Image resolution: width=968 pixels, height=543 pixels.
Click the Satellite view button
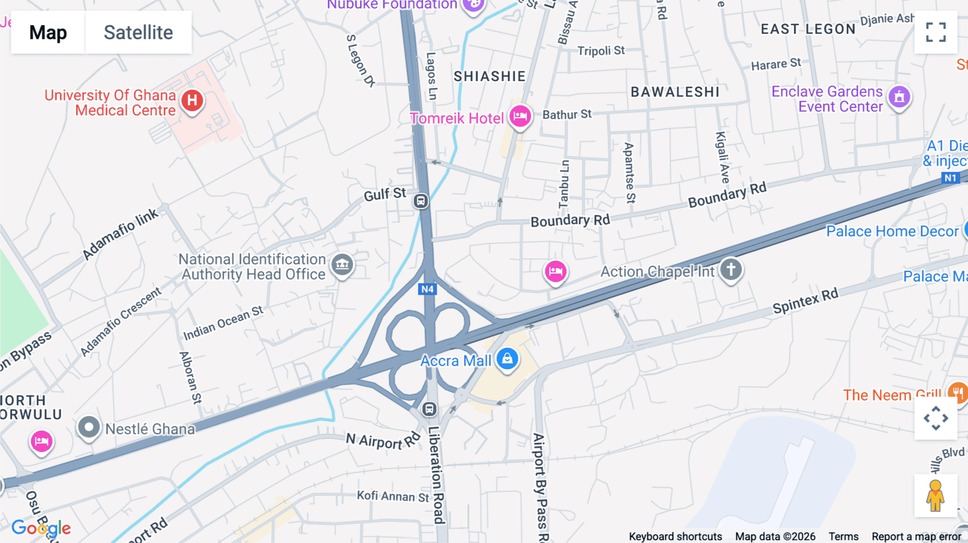138,32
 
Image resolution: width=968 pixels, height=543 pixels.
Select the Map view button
48,32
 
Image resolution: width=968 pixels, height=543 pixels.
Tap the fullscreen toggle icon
936,32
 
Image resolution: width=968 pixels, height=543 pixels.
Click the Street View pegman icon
935,496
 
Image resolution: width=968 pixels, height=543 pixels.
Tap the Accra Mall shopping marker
507,359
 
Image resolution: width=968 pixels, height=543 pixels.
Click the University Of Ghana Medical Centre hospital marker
192,101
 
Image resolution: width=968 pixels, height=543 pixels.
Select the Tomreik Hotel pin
520,116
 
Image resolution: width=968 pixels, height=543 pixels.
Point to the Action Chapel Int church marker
730,269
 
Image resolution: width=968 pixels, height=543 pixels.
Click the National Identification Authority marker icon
342,264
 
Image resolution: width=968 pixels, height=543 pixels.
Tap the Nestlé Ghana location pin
89,428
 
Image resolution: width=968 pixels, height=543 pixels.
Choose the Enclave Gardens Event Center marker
899,97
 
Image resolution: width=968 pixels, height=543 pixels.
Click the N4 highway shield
428,289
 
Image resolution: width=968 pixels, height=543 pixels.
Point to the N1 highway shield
950,178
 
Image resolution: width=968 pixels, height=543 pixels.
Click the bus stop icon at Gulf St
421,201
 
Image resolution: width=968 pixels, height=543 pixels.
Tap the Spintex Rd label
805,301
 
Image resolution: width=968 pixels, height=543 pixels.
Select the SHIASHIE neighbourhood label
489,76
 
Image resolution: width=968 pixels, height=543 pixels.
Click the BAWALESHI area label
675,92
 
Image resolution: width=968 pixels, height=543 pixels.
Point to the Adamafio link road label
120,234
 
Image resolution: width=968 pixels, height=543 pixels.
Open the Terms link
843,536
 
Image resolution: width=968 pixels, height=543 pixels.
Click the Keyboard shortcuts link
675,536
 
